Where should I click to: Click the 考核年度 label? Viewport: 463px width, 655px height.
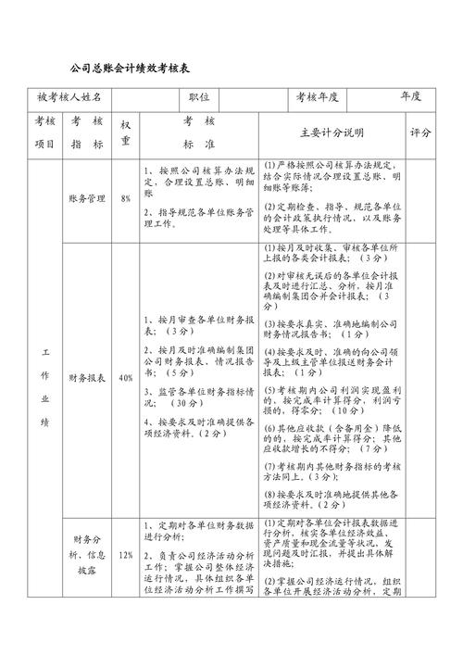317,97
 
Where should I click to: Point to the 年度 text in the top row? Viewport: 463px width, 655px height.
411,96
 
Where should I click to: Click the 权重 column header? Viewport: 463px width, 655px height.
126,132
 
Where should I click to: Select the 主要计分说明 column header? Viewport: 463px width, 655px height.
332,132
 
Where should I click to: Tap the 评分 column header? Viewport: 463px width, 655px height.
420,132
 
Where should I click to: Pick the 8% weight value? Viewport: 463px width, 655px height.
126,198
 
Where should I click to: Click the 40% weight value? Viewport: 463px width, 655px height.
126,377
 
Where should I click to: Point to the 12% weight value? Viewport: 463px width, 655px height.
126,555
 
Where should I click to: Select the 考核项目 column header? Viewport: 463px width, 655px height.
45,132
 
